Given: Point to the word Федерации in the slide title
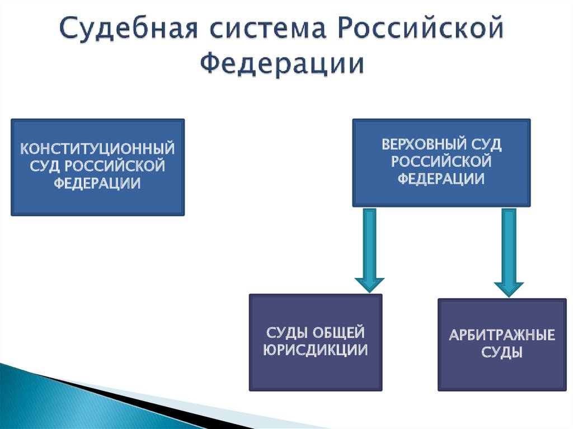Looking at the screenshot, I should pyautogui.click(x=283, y=63).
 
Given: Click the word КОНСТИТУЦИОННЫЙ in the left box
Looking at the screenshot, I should pyautogui.click(x=98, y=149).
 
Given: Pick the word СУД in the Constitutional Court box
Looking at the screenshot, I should pyautogui.click(x=45, y=166).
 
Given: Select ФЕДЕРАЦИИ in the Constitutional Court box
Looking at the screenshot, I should pyautogui.click(x=98, y=183).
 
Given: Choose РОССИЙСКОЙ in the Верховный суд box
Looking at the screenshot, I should pyautogui.click(x=442, y=162).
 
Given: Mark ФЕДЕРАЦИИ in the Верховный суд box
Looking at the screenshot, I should pyautogui.click(x=442, y=179).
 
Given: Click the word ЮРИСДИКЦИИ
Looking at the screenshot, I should pyautogui.click(x=316, y=351).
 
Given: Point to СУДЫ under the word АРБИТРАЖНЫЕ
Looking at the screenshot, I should pyautogui.click(x=502, y=353).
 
